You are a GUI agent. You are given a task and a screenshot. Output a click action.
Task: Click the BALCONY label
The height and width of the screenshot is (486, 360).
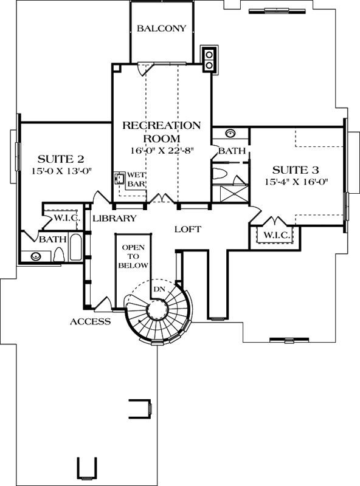pyautogui.click(x=161, y=29)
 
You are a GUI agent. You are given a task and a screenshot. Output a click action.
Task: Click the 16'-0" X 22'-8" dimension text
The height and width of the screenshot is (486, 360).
pyautogui.click(x=161, y=149)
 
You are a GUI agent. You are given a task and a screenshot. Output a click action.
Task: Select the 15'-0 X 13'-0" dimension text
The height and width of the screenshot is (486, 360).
pyautogui.click(x=61, y=171)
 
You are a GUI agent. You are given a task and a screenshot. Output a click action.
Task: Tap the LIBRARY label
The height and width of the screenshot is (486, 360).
pyautogui.click(x=114, y=218)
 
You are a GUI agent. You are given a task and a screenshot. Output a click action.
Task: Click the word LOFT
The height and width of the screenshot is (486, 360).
pyautogui.click(x=187, y=229)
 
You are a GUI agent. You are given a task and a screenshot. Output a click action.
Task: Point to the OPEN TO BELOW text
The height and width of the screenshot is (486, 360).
pyautogui.click(x=133, y=256)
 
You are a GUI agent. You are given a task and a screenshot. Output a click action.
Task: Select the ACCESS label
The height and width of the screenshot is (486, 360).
pyautogui.click(x=89, y=321)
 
